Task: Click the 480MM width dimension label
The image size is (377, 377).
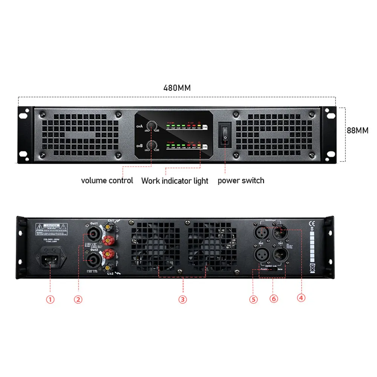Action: click(x=177, y=88)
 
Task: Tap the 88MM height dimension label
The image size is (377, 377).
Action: click(x=357, y=130)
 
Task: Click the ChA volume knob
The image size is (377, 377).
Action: click(x=152, y=126)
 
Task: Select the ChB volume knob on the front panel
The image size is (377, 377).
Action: click(x=152, y=146)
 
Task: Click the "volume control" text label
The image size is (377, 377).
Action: click(x=107, y=181)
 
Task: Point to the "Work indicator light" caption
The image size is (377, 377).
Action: click(x=175, y=181)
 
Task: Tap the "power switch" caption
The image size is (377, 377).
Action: click(x=241, y=181)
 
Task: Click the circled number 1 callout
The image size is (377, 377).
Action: click(x=50, y=299)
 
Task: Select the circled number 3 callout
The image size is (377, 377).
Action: click(x=182, y=299)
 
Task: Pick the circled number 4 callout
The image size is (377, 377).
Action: click(x=300, y=297)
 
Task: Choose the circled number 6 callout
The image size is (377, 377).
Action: click(x=274, y=299)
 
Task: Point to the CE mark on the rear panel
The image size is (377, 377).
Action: click(x=311, y=222)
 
